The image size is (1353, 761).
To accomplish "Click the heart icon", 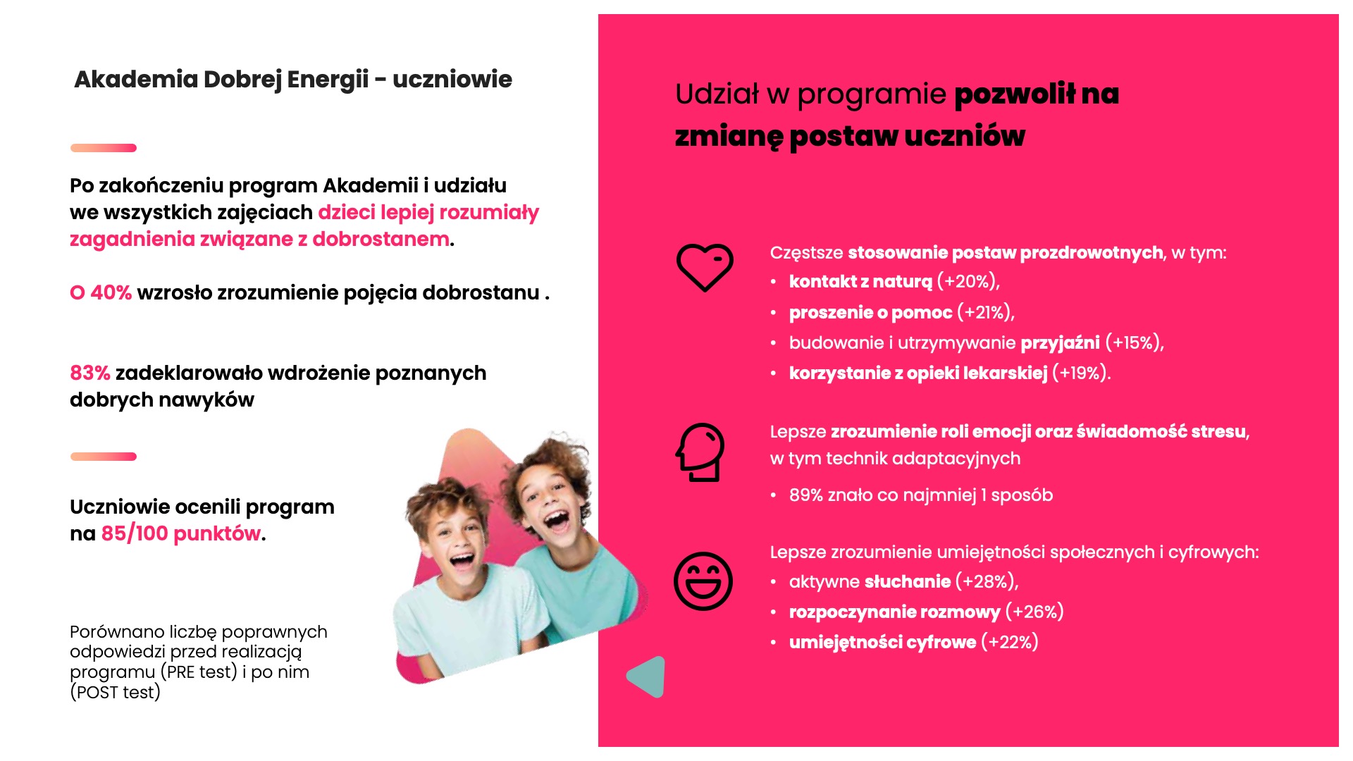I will click(x=705, y=267).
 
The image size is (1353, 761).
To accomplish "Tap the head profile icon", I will click(x=700, y=452).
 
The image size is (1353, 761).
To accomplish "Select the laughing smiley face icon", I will click(x=703, y=581).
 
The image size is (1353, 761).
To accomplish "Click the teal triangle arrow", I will click(x=648, y=676).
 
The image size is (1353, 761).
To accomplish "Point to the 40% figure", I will click(x=111, y=293).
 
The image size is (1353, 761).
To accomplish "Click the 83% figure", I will click(x=90, y=373).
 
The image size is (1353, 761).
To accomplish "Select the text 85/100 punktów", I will click(x=180, y=534).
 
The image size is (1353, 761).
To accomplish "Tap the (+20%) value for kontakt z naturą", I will click(x=968, y=282).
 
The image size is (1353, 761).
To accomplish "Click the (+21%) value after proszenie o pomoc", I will click(x=985, y=313).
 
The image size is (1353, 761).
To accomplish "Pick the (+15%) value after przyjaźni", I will click(x=1133, y=343).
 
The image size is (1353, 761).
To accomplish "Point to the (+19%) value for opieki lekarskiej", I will click(x=1081, y=373).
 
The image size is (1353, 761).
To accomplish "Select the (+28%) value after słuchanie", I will click(x=986, y=582).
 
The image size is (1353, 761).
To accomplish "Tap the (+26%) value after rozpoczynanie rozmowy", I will click(x=1034, y=612).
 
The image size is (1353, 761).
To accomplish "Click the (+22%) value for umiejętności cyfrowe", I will click(x=1009, y=643).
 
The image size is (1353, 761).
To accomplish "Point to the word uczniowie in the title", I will click(x=452, y=80).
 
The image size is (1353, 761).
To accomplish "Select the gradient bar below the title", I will click(x=104, y=148).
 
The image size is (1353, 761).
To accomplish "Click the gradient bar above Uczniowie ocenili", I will click(x=104, y=457).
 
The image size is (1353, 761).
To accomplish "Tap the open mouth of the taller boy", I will click(x=556, y=521).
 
